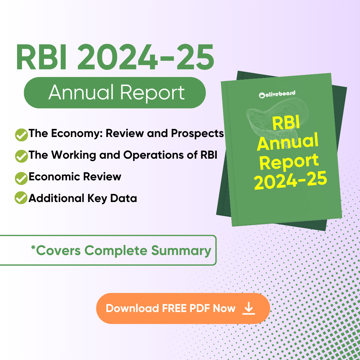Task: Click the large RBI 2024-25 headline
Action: tap(115, 57)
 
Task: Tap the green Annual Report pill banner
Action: tap(115, 93)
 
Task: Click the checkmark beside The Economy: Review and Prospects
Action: tap(21, 135)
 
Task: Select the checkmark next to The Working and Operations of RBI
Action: tap(21, 156)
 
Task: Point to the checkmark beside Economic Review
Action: tap(21, 178)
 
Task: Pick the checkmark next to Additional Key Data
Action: tap(21, 197)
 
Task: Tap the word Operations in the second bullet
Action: tap(153, 155)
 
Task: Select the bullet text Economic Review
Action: tap(75, 177)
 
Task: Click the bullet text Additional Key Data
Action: tap(83, 198)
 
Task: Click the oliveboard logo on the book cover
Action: tap(277, 94)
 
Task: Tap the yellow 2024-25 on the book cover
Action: tap(290, 180)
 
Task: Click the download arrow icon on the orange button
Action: tap(249, 308)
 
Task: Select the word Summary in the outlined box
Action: tap(181, 250)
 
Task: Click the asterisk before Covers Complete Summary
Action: tap(33, 247)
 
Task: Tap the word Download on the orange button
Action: tap(132, 308)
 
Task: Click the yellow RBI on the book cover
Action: tap(286, 123)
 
